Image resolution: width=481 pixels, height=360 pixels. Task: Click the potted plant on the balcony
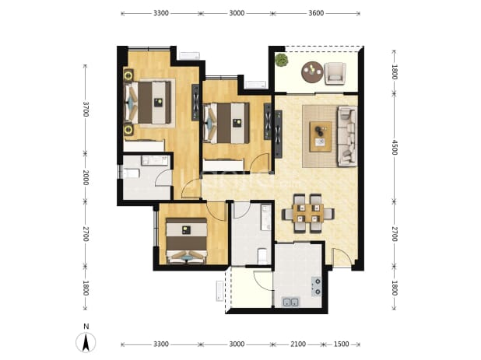coord(281,60)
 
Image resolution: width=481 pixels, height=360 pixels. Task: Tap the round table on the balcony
coord(312,72)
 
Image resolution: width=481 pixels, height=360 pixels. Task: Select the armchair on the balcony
coord(335,73)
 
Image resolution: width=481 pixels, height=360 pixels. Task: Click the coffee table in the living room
coord(321,137)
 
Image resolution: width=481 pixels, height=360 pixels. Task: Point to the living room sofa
coord(347,136)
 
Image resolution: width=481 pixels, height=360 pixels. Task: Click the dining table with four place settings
coord(308,213)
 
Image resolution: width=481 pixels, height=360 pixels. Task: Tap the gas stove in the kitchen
coord(316,287)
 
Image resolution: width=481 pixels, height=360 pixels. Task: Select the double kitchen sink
coord(290,302)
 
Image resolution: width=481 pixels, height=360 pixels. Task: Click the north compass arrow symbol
coord(86,342)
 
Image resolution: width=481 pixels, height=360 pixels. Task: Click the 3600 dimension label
coord(316,13)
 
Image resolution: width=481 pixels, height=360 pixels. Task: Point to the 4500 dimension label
coord(395,148)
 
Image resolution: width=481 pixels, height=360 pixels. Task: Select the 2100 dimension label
coord(298,344)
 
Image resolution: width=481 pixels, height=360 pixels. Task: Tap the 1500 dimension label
coord(341,344)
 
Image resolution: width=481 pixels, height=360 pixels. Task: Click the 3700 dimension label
coord(86,109)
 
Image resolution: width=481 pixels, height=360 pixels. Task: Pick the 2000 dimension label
coord(86,178)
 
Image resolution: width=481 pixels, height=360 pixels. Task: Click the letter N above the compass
coord(86,327)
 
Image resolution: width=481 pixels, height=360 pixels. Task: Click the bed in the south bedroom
coord(186,240)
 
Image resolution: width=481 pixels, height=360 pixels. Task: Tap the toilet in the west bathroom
coord(132,173)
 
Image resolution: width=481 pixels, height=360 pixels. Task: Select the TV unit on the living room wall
coord(278,135)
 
